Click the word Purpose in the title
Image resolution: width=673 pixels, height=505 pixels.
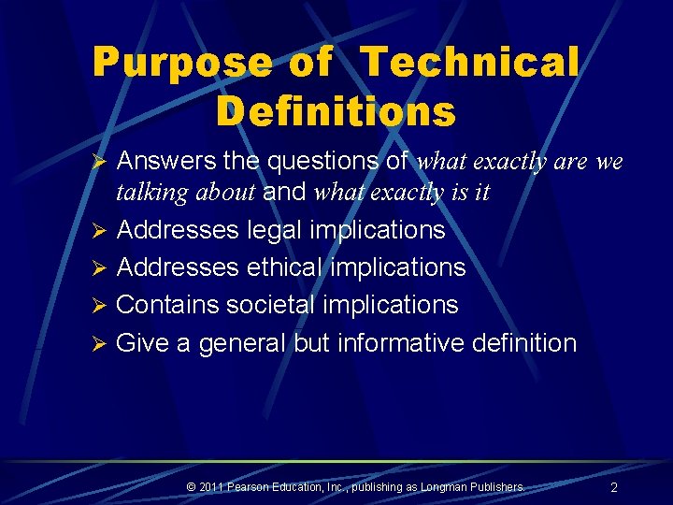[x=182, y=64]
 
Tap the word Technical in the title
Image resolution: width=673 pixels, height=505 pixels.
[x=470, y=64]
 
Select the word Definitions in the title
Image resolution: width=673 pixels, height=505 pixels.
[x=336, y=111]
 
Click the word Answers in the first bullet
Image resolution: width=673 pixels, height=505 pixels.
[x=166, y=162]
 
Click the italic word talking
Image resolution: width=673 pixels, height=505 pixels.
[x=149, y=193]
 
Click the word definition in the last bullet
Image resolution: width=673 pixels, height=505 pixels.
[x=524, y=343]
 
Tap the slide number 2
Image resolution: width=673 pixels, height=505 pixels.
[x=614, y=487]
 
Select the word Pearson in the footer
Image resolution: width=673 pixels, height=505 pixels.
[x=254, y=486]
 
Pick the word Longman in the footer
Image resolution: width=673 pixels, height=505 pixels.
[x=450, y=486]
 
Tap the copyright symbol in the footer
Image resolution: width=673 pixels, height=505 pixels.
[x=191, y=486]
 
